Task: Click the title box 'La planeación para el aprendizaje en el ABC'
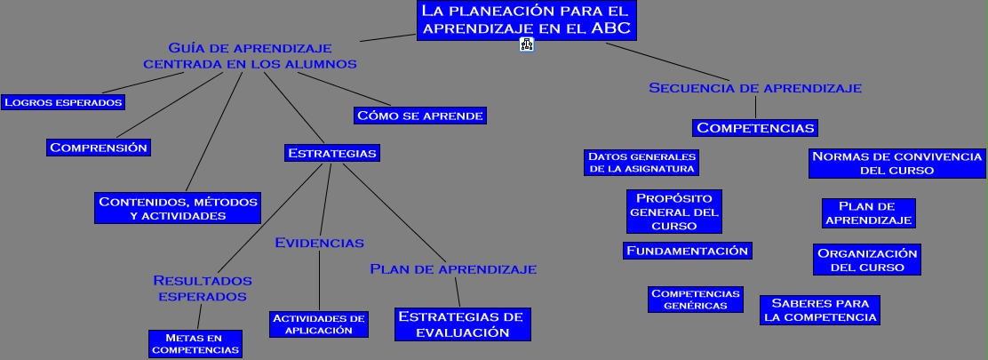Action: coord(526,20)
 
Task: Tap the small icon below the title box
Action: coord(526,45)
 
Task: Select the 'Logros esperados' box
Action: coord(62,101)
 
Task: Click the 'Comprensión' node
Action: coord(99,148)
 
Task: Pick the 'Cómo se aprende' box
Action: coord(419,115)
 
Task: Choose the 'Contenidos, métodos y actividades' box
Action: coord(178,208)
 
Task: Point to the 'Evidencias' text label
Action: coord(319,243)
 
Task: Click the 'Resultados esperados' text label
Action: coord(203,288)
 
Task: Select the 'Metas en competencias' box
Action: coord(195,343)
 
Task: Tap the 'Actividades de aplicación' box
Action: coord(319,324)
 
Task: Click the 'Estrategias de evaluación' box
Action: coord(462,324)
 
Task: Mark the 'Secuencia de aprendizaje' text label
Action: coord(755,88)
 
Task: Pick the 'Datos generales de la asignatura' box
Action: coord(641,163)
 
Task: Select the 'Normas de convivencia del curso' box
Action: coord(896,163)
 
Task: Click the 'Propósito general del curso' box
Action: coord(674,212)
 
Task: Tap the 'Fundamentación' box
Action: coord(688,251)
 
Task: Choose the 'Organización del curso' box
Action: coord(866,260)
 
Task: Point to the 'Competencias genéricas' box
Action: coord(695,299)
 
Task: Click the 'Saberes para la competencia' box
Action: coord(820,309)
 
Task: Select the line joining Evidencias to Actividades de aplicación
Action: coord(319,280)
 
